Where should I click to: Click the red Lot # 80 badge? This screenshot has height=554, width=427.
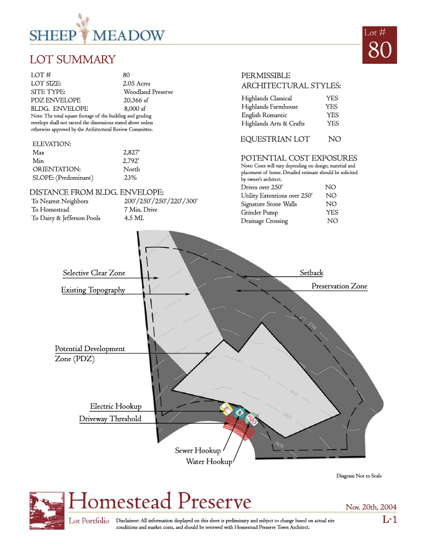click(379, 45)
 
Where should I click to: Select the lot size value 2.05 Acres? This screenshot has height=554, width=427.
click(136, 84)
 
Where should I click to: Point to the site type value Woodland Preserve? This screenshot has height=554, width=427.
click(148, 92)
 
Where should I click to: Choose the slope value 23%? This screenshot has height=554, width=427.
click(130, 178)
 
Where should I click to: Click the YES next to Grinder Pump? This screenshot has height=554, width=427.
click(332, 212)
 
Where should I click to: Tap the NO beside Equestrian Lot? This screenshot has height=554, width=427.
click(334, 140)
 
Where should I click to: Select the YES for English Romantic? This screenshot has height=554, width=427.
click(333, 115)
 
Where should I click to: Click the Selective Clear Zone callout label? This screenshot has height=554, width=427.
click(94, 273)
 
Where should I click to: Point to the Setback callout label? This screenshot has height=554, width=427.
click(312, 273)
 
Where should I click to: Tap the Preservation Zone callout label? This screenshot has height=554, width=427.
click(339, 286)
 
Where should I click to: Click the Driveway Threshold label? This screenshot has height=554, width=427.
click(110, 419)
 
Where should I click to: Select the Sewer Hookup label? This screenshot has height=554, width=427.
click(198, 451)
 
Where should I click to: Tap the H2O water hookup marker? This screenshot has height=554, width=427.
click(252, 420)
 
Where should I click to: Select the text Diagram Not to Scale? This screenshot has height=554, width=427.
click(358, 476)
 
